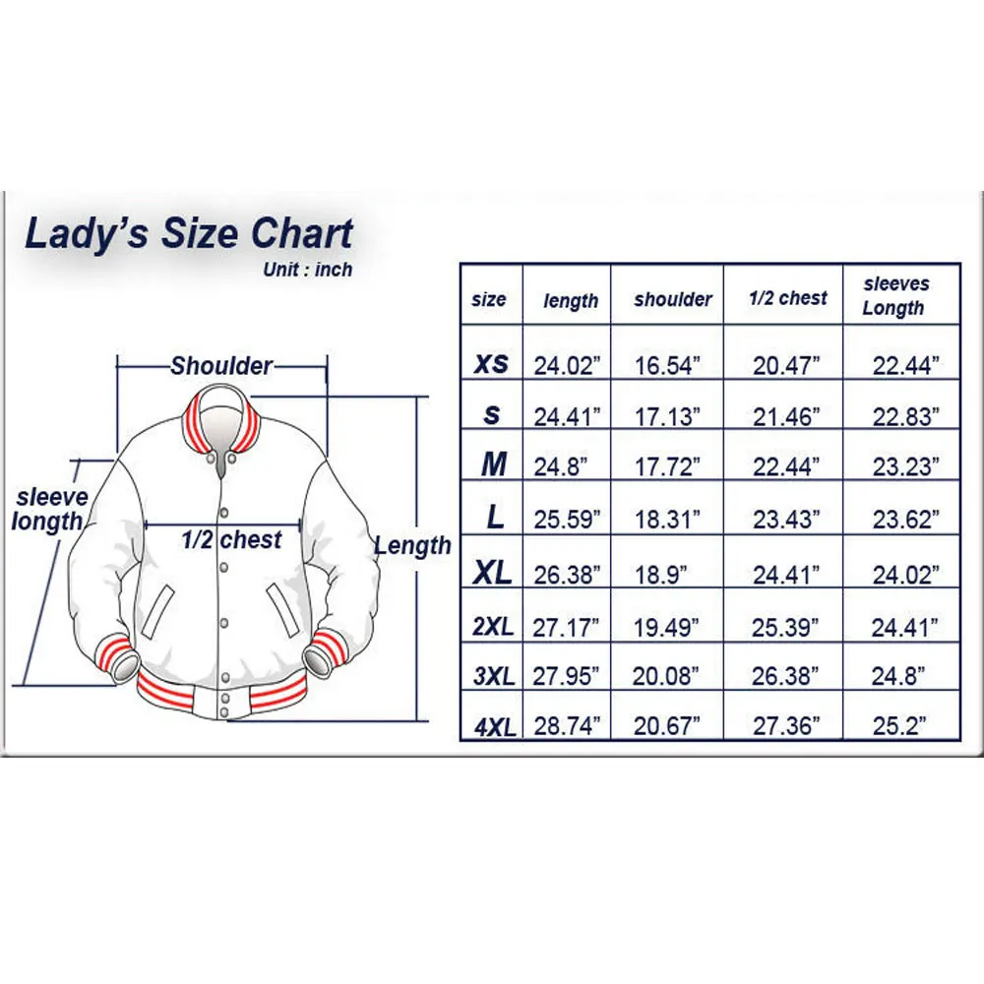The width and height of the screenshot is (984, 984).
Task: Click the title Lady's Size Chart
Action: point(188,235)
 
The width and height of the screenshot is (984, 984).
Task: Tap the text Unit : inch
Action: point(307,270)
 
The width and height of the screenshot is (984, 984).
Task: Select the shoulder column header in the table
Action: point(673,299)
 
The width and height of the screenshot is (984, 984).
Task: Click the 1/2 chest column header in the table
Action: point(788,298)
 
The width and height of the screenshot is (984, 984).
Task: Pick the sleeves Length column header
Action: point(895,295)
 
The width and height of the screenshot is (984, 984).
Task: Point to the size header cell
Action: point(489,299)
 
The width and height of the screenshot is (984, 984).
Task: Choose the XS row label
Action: point(491,363)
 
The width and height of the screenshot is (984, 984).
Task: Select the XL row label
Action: point(493,574)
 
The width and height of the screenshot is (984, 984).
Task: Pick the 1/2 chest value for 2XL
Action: point(785,626)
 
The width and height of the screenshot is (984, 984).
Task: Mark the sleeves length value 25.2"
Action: point(900,727)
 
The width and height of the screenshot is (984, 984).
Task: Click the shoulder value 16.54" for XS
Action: point(667,365)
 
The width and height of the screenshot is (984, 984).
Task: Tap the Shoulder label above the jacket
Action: point(221,366)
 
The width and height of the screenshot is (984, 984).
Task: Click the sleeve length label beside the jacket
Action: point(49,509)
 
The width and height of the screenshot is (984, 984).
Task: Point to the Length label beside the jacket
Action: point(413,545)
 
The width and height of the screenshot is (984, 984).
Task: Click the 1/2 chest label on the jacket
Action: point(231,539)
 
